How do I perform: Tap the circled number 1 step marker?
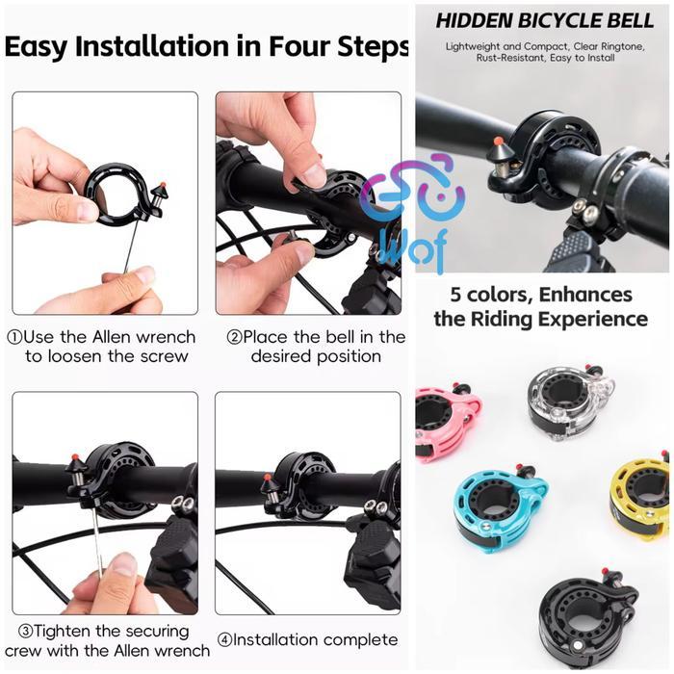[14, 337]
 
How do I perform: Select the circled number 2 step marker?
[233, 337]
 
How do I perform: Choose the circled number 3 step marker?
[25, 631]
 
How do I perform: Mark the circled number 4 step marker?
[223, 640]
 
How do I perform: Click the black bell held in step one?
[117, 193]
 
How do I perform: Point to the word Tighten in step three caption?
[71, 631]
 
